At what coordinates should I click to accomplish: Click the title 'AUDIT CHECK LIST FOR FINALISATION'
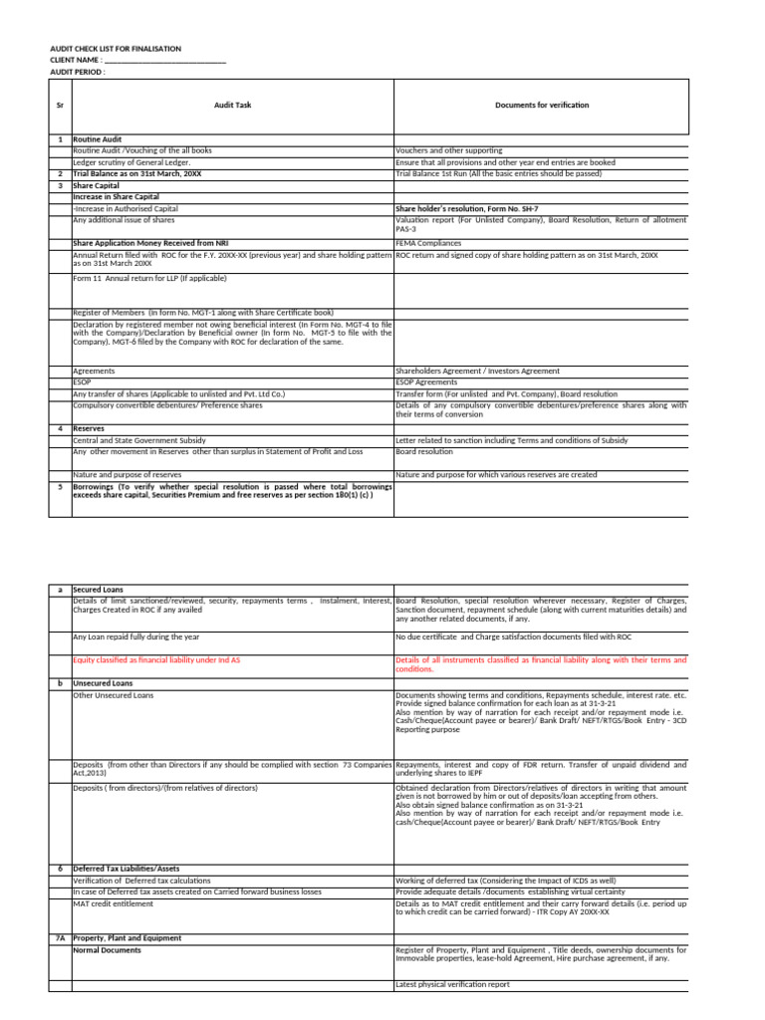116,49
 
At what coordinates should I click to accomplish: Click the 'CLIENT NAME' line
137,61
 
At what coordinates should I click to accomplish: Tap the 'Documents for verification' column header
542,105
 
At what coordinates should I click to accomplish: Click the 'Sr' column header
60,105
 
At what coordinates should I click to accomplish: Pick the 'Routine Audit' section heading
96,139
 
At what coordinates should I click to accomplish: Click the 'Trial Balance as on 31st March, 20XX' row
137,173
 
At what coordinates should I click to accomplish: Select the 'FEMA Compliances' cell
428,242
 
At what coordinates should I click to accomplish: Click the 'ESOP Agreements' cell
426,382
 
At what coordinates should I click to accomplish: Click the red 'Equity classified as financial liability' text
156,659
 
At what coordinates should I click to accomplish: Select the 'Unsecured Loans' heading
103,683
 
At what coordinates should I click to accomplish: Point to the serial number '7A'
60,938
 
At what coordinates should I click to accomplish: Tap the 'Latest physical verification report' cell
453,984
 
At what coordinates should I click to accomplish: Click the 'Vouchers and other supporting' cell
449,150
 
